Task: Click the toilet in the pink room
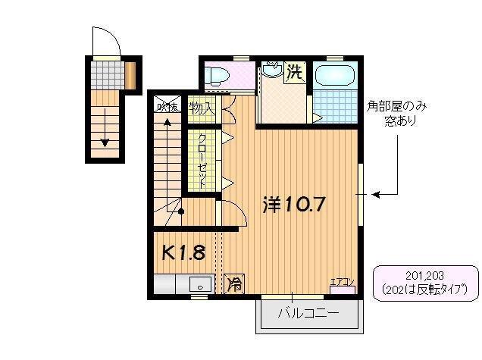217,75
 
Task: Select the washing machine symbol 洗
296,73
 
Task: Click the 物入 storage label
202,108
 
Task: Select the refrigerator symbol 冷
235,285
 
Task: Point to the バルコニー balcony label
307,312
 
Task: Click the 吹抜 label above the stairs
167,108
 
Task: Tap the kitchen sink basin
201,286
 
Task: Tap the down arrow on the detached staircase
105,141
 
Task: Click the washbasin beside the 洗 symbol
273,72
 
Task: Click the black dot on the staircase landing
180,211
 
